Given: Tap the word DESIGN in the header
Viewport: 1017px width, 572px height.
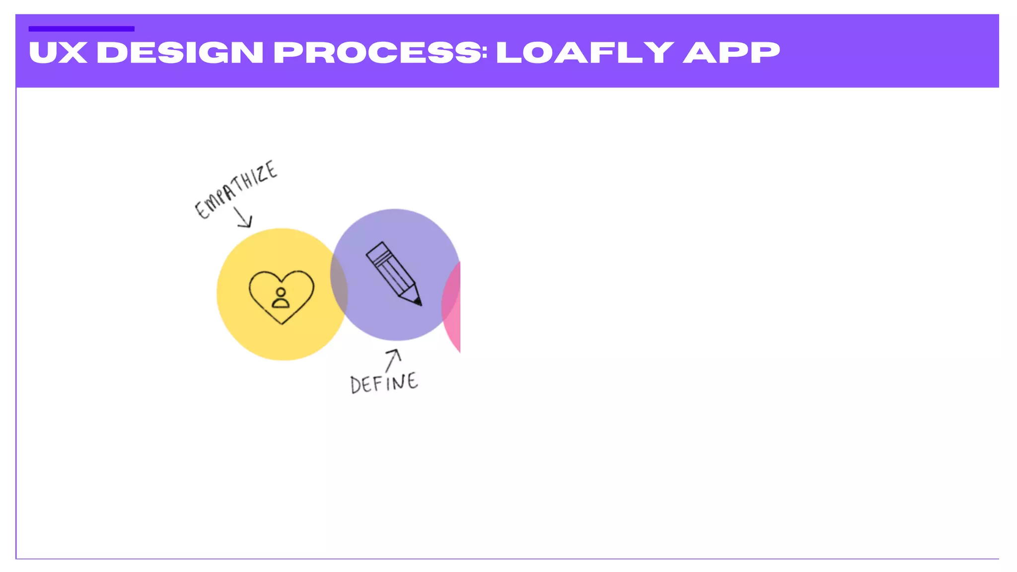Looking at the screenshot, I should tap(180, 53).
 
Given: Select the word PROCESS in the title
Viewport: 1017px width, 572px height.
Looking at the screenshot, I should tap(377, 53).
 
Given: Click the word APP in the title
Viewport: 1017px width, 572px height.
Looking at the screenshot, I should tap(731, 53).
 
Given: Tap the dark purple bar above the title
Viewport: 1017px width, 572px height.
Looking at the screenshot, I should tap(81, 29).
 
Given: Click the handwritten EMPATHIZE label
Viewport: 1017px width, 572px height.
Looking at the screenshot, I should tap(235, 189).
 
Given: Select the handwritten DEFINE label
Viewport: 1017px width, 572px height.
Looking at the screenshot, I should tap(384, 383).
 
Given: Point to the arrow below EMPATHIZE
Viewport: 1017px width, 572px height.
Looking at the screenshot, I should tap(243, 217).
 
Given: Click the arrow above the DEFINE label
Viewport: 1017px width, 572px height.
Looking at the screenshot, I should tap(393, 359).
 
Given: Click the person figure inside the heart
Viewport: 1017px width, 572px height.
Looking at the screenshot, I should tap(281, 298).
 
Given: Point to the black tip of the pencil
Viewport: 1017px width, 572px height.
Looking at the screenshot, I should tap(418, 301).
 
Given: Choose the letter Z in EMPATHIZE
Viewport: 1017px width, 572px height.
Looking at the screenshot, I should tap(260, 175).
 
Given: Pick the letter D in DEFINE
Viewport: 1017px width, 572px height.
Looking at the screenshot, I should tap(356, 385).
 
